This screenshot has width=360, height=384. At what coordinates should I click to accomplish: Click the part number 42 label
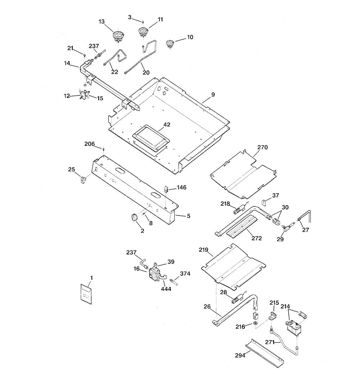[x=167, y=125]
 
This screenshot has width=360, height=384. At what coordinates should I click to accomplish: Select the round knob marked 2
[x=134, y=217]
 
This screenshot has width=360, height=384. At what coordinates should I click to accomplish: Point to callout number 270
[x=262, y=148]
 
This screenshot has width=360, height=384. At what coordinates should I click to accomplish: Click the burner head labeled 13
[x=118, y=37]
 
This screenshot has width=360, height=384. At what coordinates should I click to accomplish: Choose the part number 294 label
[x=240, y=355]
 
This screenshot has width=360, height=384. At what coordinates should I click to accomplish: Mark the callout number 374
[x=185, y=274]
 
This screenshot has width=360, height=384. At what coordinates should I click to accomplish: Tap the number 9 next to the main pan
[x=213, y=95]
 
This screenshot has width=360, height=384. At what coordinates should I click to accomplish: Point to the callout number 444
[x=166, y=289]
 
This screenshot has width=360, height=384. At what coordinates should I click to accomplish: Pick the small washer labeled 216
[x=256, y=324]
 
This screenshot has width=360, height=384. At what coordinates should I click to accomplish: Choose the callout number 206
[x=89, y=144]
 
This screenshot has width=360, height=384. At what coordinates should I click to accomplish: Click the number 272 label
[x=256, y=238]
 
